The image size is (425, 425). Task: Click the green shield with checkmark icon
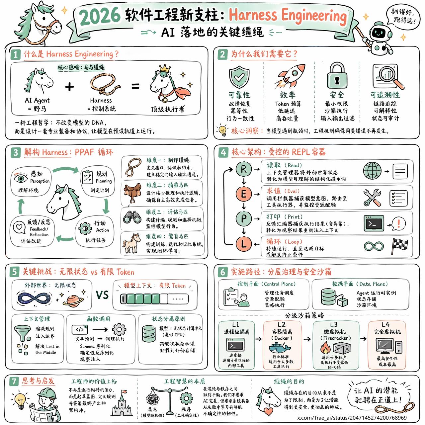click(x=239, y=77)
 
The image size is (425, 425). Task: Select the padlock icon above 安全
click(x=337, y=76)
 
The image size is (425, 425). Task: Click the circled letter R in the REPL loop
click(x=244, y=169)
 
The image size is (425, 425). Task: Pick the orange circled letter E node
click(x=244, y=194)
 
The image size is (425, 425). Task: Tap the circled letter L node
click(x=244, y=244)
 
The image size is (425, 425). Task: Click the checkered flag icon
click(x=400, y=245)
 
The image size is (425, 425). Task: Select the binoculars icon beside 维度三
click(x=132, y=217)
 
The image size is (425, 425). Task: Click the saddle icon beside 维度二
click(x=132, y=193)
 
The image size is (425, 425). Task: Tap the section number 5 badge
click(x=14, y=272)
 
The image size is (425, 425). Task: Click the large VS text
click(x=102, y=295)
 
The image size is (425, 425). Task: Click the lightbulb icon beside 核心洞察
click(x=222, y=130)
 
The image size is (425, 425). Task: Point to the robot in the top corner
click(x=378, y=37)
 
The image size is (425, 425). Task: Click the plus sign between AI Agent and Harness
click(x=69, y=87)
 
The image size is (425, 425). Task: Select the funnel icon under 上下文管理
click(x=23, y=332)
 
